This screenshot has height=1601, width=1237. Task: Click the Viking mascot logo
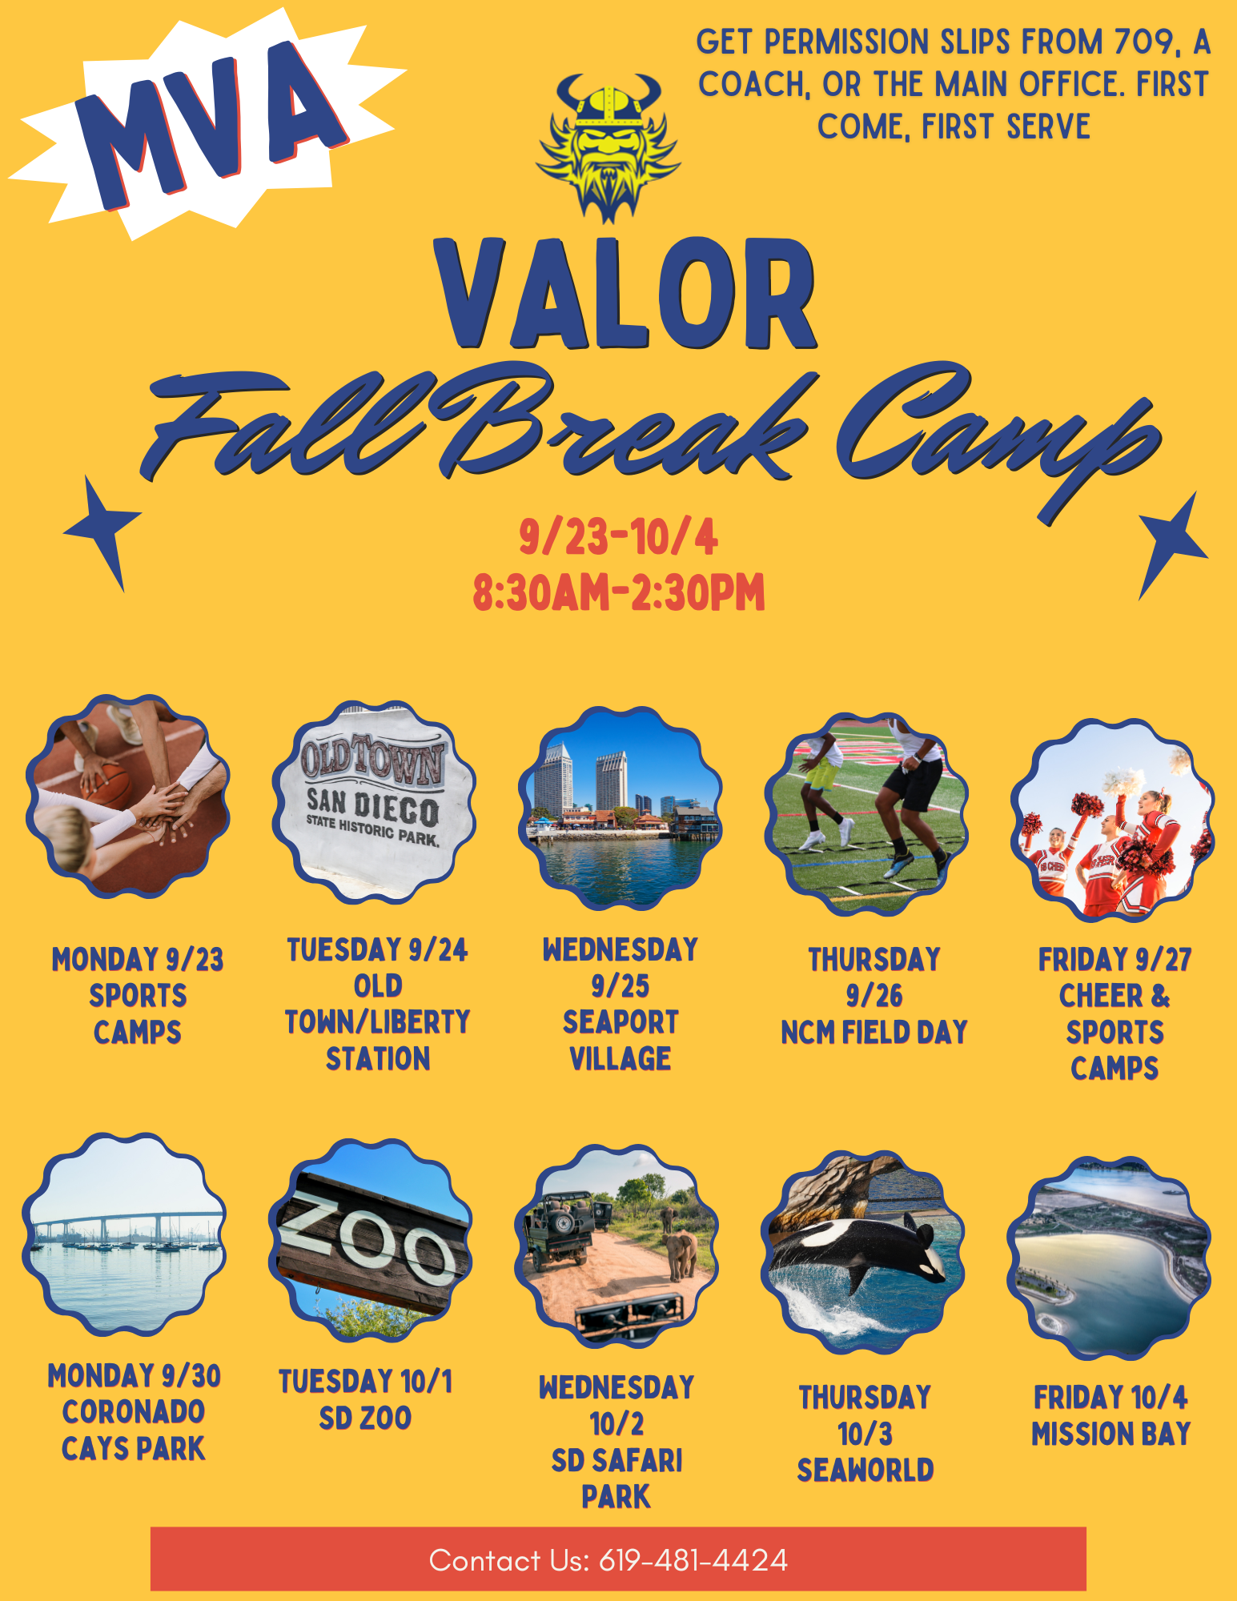tap(608, 147)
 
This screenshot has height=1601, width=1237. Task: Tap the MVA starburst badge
tap(207, 124)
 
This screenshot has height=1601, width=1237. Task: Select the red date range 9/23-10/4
tap(618, 537)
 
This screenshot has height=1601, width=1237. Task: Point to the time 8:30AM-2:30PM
tap(618, 593)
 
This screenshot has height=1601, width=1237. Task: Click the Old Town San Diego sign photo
tap(374, 802)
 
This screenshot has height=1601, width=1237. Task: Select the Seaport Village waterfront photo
tap(620, 808)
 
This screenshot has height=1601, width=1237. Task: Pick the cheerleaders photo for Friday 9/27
tap(1113, 820)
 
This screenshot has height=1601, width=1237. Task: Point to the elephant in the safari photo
tap(681, 1254)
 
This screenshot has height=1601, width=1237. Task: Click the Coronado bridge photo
tap(124, 1234)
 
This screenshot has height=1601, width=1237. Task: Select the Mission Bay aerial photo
tap(1109, 1258)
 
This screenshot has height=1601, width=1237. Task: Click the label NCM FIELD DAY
tap(874, 1032)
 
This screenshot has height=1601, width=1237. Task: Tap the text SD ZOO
tap(365, 1418)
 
